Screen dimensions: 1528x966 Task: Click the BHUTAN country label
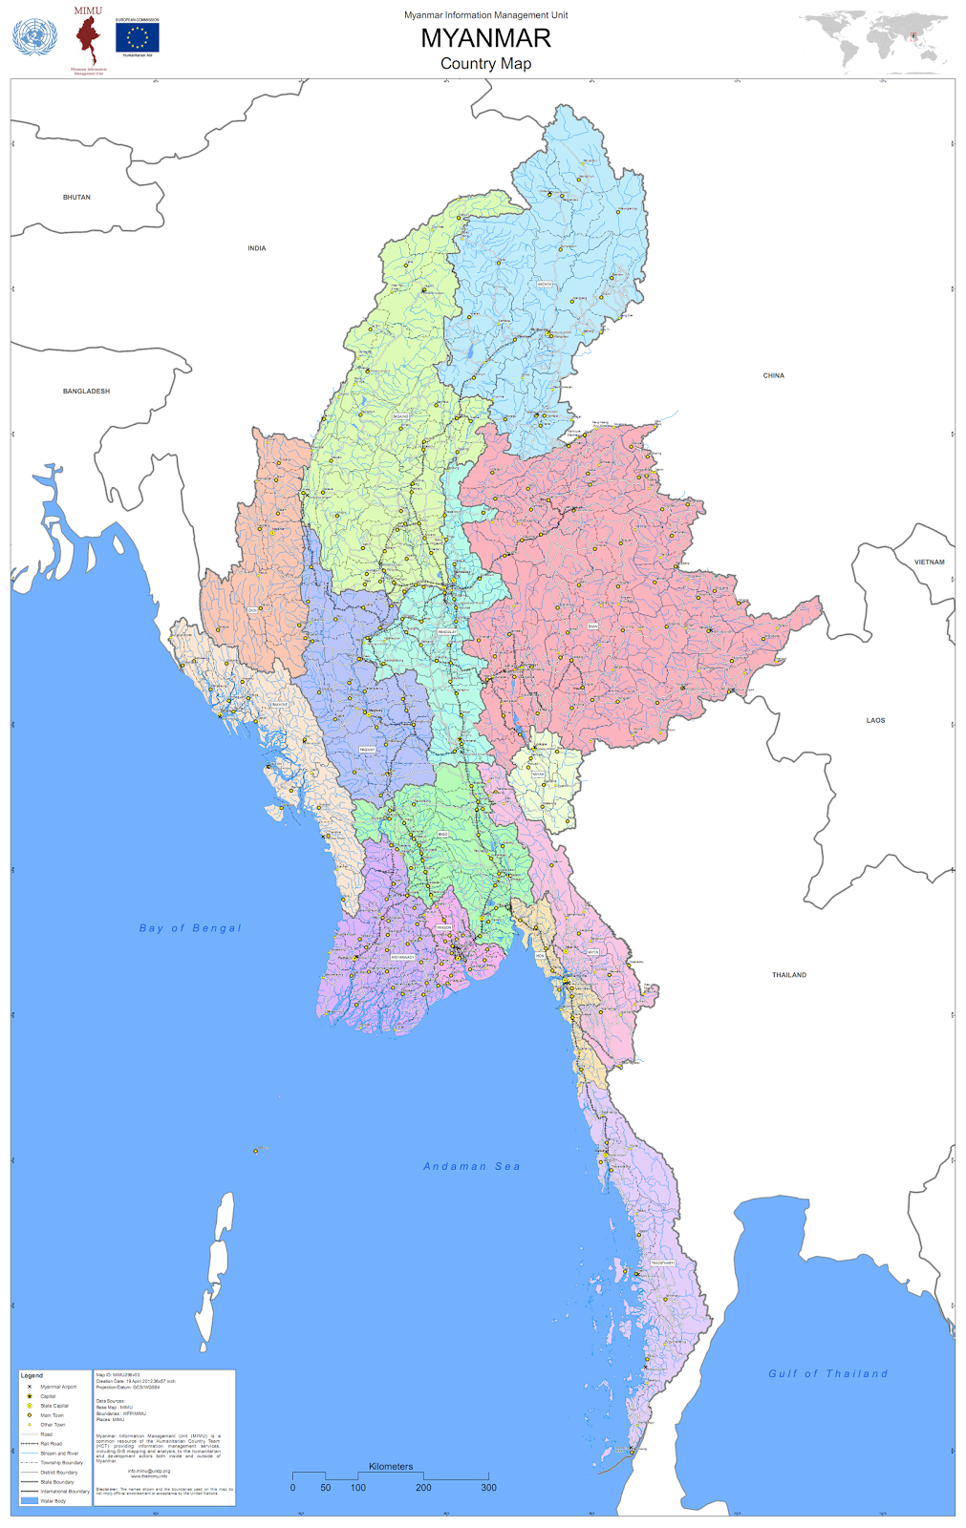(x=76, y=198)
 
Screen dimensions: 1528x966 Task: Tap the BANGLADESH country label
(x=86, y=392)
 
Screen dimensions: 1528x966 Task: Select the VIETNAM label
(x=929, y=562)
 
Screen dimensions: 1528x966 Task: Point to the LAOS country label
(x=875, y=721)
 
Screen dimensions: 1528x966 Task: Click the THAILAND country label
(x=788, y=975)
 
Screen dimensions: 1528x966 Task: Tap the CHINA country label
(x=773, y=376)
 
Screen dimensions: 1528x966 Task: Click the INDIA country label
(x=256, y=248)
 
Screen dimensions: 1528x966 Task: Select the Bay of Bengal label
(x=190, y=928)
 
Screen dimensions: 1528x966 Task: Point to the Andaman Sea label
(x=472, y=1167)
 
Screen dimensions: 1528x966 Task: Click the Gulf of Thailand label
(x=827, y=1374)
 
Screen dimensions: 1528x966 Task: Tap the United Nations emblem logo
(x=34, y=38)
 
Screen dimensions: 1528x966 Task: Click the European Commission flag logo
(x=138, y=38)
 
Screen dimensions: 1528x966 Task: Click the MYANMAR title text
(x=485, y=38)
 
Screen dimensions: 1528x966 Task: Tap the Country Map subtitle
(x=485, y=64)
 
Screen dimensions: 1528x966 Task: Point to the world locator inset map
(x=874, y=42)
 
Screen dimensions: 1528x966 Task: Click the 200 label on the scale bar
(x=423, y=1488)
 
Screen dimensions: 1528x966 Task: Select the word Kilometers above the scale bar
(x=391, y=1467)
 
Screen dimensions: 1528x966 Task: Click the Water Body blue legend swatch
(x=29, y=1501)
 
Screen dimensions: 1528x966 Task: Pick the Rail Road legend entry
(x=51, y=1444)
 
